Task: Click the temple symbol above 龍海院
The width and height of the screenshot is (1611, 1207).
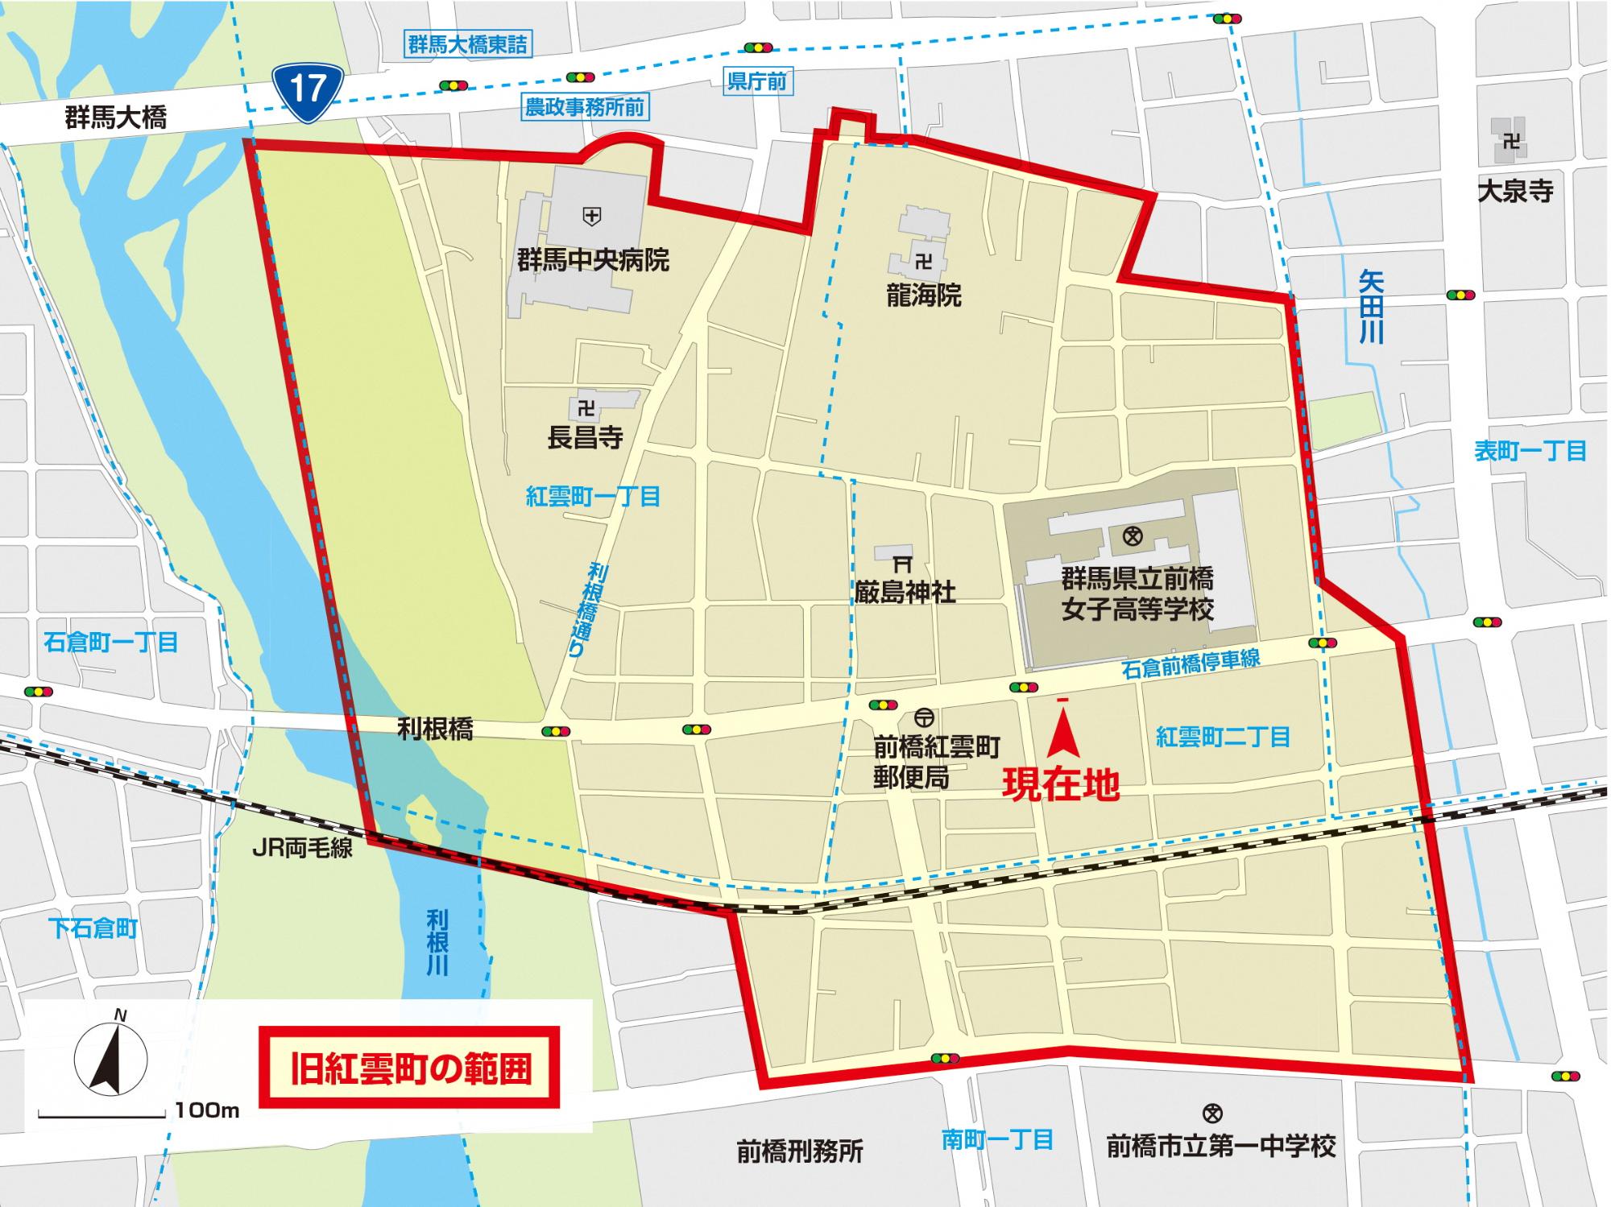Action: (923, 261)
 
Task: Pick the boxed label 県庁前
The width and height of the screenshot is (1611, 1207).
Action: (756, 81)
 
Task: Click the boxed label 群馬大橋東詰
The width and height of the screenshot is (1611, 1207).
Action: (468, 45)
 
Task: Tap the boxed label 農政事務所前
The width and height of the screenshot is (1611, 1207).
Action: (584, 107)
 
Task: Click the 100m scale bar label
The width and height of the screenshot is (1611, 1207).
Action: (207, 1110)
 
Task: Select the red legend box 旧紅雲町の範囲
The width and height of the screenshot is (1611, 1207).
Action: (410, 1069)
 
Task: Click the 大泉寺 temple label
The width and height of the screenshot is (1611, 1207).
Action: (1514, 191)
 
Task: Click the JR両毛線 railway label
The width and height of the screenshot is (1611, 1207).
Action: (302, 849)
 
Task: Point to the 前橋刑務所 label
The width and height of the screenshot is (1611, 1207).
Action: (799, 1151)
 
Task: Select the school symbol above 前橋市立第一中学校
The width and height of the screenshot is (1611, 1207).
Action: (1211, 1114)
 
